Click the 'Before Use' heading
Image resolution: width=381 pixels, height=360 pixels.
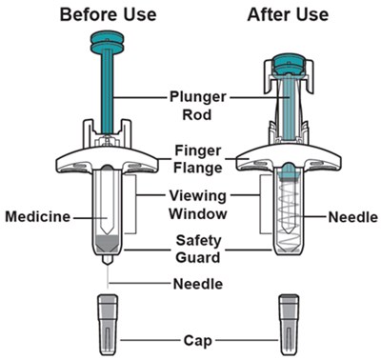coord(109,15)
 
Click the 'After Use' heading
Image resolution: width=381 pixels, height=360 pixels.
coord(288,15)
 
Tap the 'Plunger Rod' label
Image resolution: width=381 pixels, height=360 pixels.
coord(197,106)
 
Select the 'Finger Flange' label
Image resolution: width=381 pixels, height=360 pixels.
coord(198,159)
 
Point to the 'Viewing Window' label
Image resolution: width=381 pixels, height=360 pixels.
coord(197,205)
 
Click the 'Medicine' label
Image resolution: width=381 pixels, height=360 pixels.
coord(38,217)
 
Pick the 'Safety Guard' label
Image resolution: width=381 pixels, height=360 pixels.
coord(198,249)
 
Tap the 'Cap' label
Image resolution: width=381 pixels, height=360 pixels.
coord(197,341)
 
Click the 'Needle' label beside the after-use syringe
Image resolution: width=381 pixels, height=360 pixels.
coord(353,217)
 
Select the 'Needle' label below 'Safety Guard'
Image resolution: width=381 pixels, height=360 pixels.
coord(198,284)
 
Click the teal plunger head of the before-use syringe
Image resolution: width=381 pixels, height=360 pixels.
coord(107,42)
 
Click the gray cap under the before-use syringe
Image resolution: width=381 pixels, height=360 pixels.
coord(108,325)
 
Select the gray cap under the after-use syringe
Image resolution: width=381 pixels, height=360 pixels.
coord(289,325)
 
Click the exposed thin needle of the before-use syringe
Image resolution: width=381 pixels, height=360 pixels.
coord(108,276)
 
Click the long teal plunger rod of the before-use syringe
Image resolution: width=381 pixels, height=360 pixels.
coord(108,92)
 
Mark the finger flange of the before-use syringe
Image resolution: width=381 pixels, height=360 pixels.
coord(107,160)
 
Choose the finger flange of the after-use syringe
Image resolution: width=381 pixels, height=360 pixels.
coord(289,160)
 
